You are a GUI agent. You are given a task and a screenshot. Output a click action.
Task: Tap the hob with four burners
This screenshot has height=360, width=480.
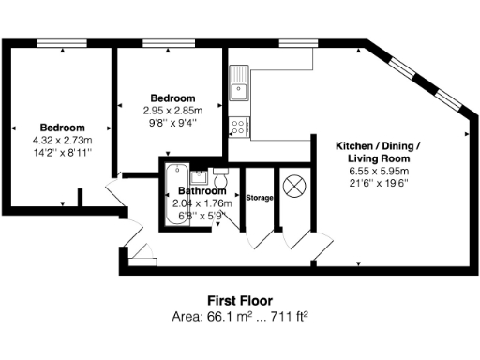(238, 126)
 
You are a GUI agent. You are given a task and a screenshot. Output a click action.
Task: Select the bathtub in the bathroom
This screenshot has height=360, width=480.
(172, 195)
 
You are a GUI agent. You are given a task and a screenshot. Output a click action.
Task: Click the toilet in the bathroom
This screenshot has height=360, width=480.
(220, 178)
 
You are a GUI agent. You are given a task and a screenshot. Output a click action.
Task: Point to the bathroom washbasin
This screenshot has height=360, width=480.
(198, 176)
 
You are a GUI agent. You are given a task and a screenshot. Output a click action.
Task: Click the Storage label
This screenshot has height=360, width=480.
(259, 198)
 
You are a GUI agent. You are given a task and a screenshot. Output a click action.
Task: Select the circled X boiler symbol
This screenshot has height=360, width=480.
(293, 186)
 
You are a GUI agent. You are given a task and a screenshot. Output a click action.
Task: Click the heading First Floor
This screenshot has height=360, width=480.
(239, 301)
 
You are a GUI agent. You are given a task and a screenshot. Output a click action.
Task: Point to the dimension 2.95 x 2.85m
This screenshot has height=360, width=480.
(172, 110)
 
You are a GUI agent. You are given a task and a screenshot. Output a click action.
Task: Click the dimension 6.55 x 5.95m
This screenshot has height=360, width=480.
(378, 172)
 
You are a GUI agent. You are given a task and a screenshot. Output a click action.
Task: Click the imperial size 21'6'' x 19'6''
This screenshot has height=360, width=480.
(378, 183)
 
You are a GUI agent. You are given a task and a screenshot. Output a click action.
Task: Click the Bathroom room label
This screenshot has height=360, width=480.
(202, 191)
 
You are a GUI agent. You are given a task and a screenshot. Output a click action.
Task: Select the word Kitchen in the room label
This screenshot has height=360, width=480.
(356, 147)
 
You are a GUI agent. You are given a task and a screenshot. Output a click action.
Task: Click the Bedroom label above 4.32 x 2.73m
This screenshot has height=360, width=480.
(62, 127)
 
